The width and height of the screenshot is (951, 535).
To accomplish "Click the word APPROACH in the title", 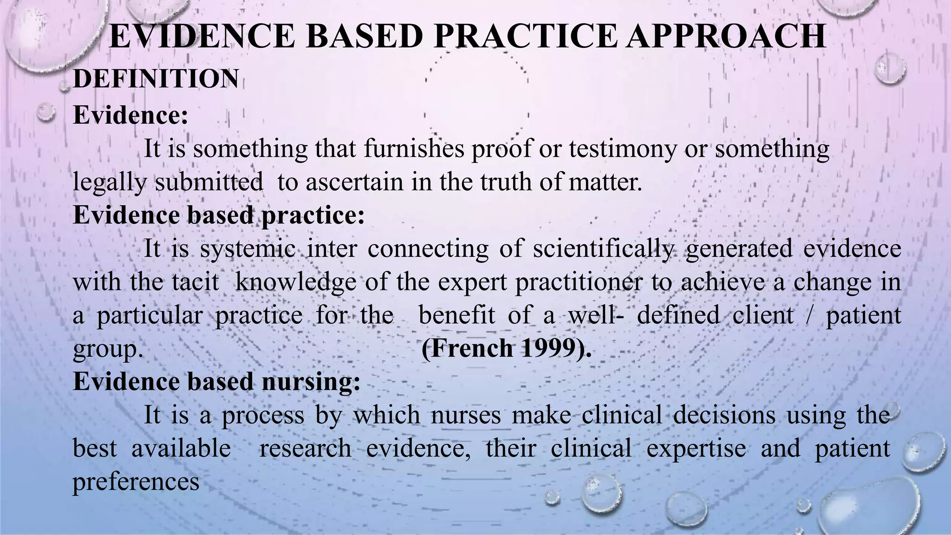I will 725,36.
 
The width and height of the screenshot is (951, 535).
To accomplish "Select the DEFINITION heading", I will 156,79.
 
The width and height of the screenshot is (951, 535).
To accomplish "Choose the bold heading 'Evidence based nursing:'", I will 216,382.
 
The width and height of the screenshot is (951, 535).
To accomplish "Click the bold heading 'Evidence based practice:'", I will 219,215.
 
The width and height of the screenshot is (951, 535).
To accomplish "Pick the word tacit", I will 195,282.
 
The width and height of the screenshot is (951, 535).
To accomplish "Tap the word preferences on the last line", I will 136,482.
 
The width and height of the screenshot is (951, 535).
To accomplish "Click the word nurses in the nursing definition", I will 466,415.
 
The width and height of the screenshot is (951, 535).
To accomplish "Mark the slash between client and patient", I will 810,315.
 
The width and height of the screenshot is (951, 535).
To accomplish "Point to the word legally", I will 109,182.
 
